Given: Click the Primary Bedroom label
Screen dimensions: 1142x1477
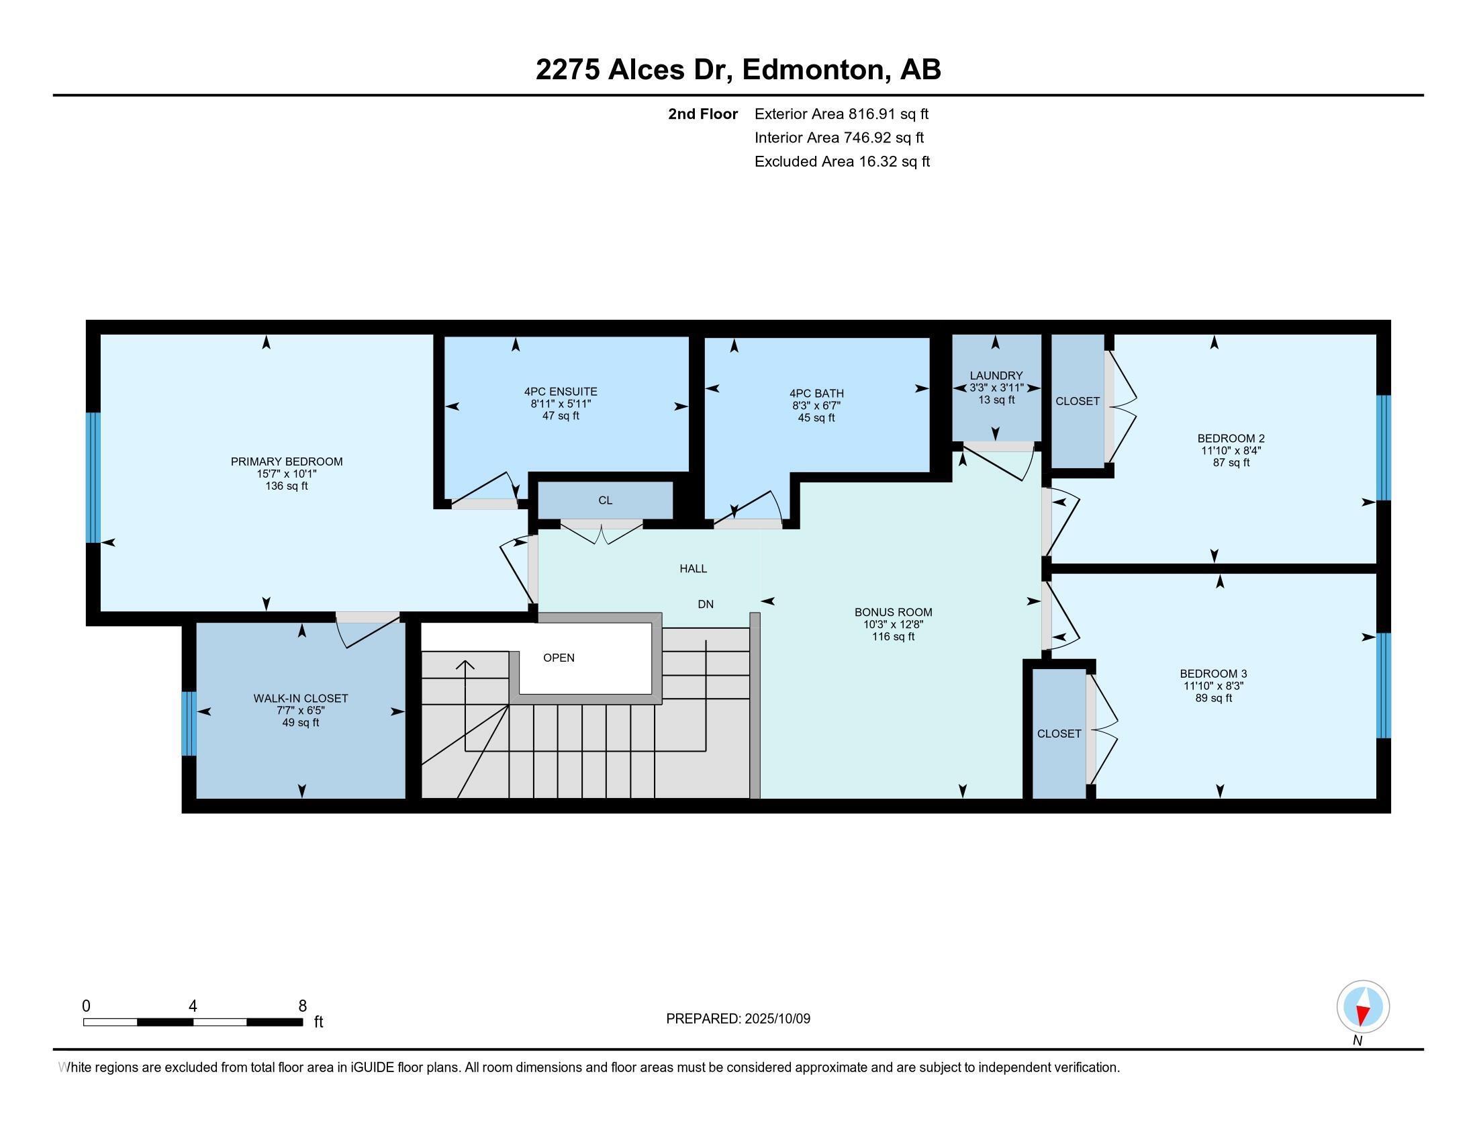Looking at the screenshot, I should (x=287, y=462).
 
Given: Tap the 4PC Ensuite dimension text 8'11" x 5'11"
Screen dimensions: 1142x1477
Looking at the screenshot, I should (x=561, y=404).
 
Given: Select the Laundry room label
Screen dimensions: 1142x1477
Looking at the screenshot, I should (x=996, y=376).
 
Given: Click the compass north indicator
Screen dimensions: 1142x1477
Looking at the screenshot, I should (x=1363, y=1007).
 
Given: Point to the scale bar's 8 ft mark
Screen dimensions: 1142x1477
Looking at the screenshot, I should (x=302, y=1007).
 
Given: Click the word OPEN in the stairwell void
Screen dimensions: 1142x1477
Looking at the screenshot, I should (x=559, y=658).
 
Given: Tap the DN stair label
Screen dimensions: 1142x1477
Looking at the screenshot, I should (x=706, y=604).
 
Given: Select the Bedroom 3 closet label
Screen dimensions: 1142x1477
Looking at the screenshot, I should (x=1059, y=734).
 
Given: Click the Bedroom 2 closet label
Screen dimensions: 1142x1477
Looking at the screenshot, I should (x=1078, y=401).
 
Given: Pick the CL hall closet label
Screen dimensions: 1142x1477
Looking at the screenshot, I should (x=606, y=500).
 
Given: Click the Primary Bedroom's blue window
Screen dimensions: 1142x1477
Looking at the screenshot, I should (x=93, y=478).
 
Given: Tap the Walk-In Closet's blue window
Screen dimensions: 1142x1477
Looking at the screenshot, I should (x=189, y=723).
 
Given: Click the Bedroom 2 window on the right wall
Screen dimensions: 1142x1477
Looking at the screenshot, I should (x=1384, y=448).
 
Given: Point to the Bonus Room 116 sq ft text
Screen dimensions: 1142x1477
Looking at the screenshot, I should (x=893, y=637).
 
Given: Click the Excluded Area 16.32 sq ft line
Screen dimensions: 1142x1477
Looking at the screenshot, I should (x=842, y=162).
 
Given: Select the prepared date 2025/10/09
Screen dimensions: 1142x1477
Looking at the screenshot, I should (x=776, y=1019).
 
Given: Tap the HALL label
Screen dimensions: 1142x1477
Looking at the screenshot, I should (x=694, y=569).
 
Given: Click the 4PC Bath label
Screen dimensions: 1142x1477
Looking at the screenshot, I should (x=816, y=393).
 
